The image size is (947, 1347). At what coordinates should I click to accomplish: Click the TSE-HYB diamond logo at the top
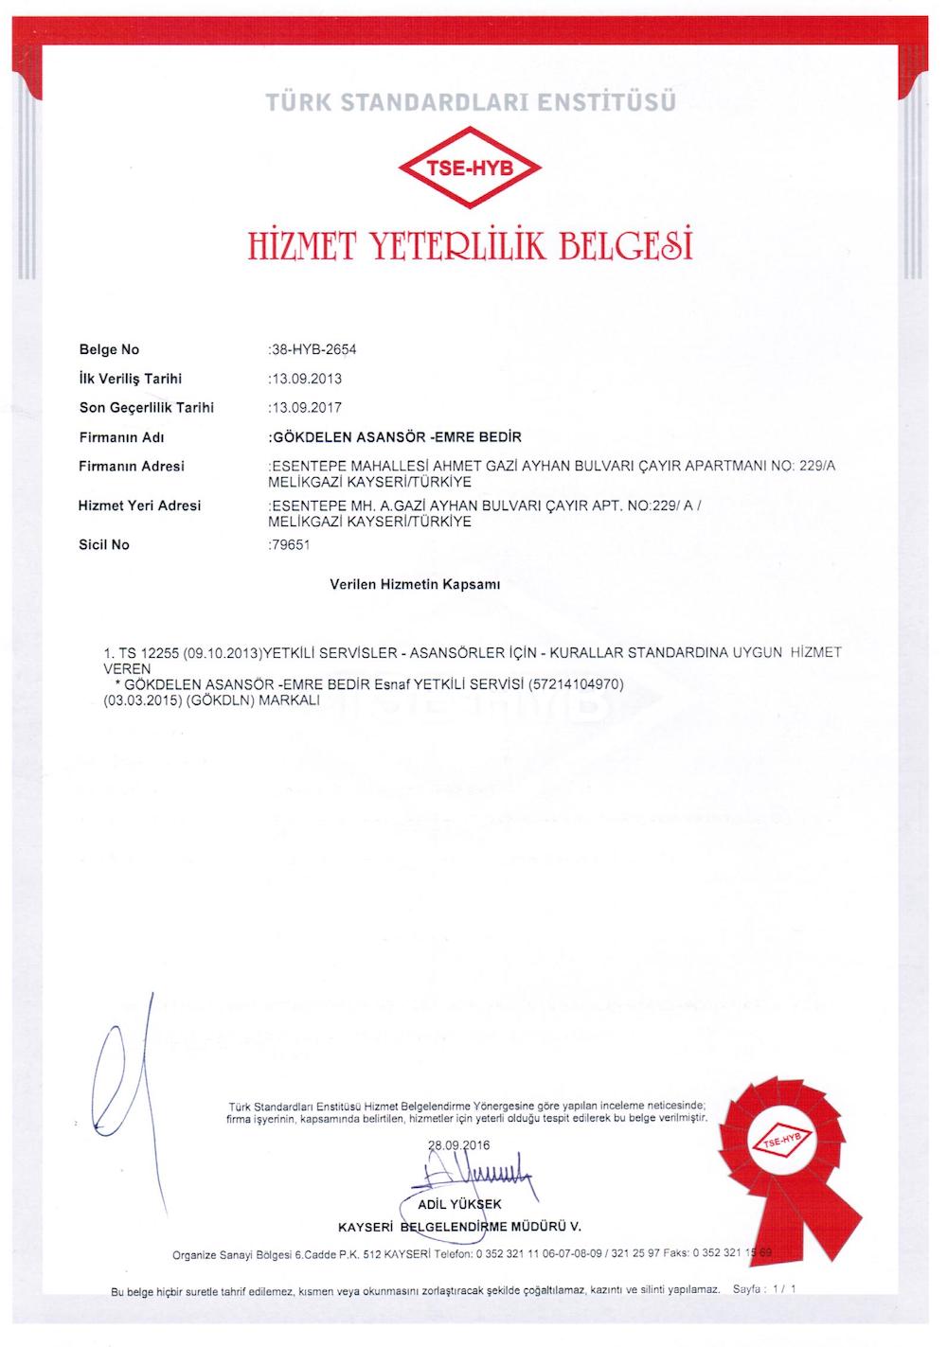[x=469, y=169]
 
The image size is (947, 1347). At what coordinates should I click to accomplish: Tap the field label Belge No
[x=109, y=349]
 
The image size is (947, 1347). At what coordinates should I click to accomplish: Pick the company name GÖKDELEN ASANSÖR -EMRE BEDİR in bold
[x=397, y=437]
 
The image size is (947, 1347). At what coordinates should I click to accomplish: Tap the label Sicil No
[x=104, y=545]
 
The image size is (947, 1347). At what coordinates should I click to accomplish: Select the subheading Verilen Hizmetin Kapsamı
[x=415, y=585]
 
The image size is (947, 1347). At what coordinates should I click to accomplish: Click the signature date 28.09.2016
[x=459, y=1144]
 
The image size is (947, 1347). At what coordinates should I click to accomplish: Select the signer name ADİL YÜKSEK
[x=459, y=1205]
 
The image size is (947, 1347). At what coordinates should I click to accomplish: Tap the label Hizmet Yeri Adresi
[x=139, y=505]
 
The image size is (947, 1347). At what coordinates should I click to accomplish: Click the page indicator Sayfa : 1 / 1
[x=765, y=1289]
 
